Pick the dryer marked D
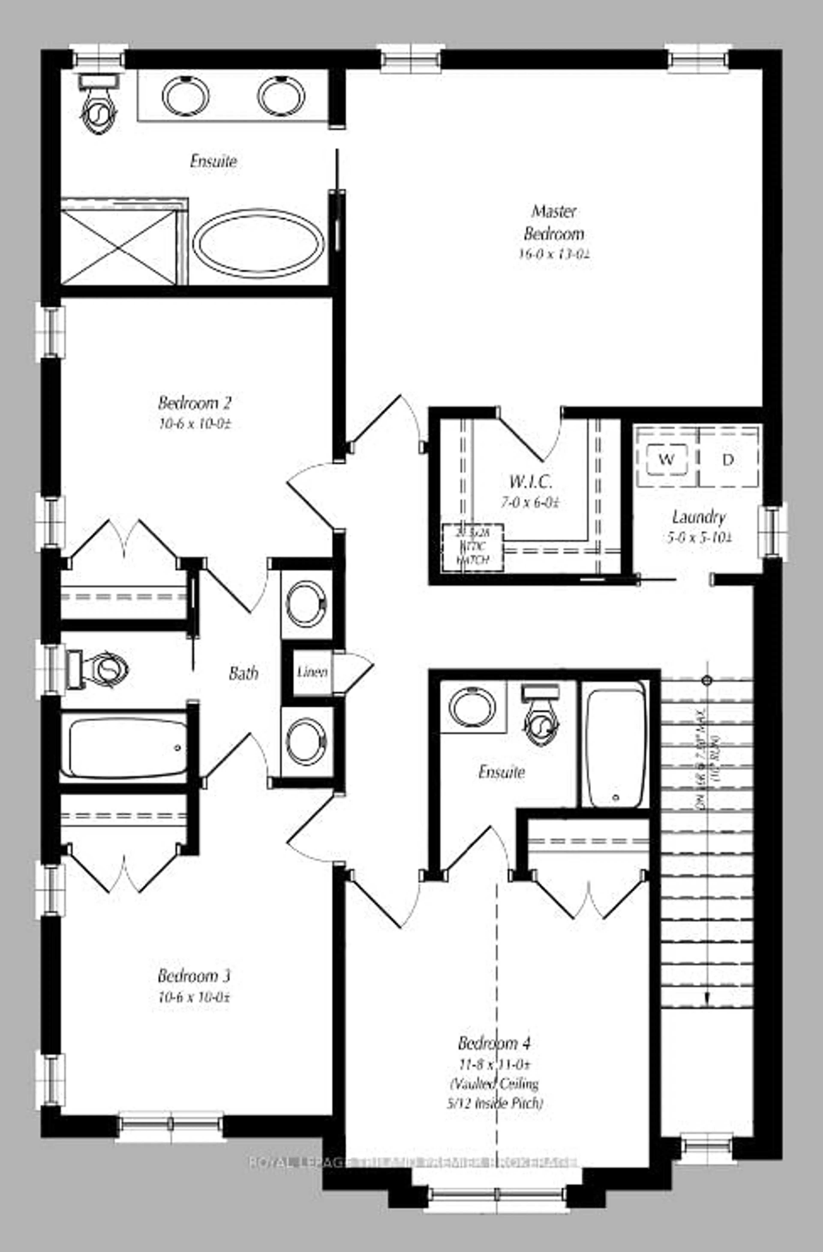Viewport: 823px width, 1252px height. [728, 459]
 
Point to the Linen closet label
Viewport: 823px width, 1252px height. [312, 672]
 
